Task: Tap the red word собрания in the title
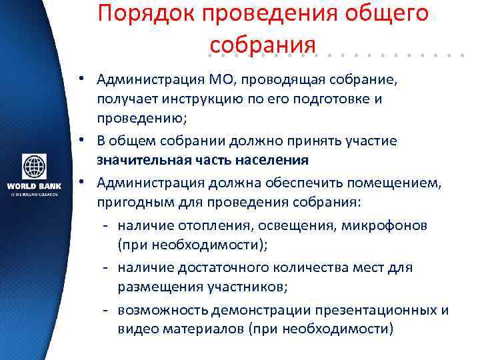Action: [x=261, y=44]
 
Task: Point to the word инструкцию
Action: [x=190, y=99]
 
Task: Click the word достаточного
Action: [x=213, y=267]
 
